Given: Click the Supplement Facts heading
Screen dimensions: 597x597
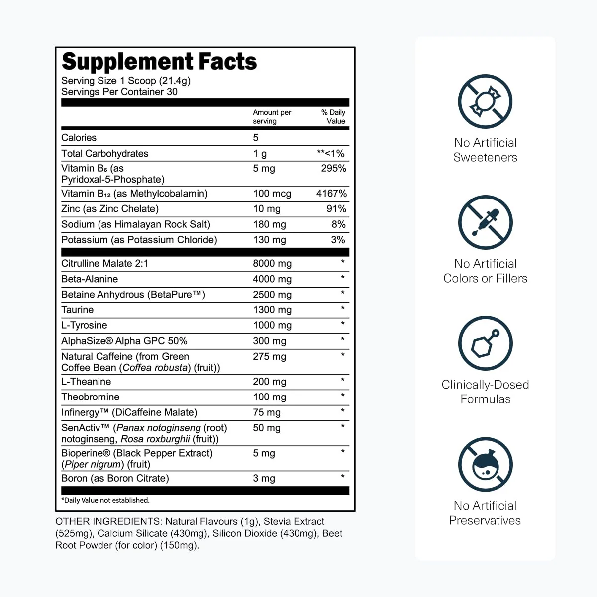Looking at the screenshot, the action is pyautogui.click(x=159, y=61).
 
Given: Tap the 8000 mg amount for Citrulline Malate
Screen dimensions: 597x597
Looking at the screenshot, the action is pyautogui.click(x=272, y=263).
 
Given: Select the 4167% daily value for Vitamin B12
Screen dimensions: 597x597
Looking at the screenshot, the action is pyautogui.click(x=331, y=194).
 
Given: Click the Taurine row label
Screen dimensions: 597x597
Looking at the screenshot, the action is pyautogui.click(x=78, y=310).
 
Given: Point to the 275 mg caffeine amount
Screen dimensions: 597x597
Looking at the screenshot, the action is pyautogui.click(x=269, y=357).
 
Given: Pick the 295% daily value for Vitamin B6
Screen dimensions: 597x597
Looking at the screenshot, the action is pyautogui.click(x=333, y=168).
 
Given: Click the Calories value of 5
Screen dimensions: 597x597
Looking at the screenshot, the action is pyautogui.click(x=256, y=137).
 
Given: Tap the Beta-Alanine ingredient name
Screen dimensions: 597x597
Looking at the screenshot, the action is pyautogui.click(x=90, y=279).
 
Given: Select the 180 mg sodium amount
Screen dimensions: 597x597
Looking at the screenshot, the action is pyautogui.click(x=269, y=224).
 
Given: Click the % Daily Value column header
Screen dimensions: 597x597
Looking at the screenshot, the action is pyautogui.click(x=333, y=117).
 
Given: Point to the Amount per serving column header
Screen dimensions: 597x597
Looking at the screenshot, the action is pyautogui.click(x=272, y=117).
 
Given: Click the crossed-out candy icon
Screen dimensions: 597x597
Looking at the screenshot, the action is pyautogui.click(x=485, y=101).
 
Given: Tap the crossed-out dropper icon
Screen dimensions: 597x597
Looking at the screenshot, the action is pyautogui.click(x=485, y=222).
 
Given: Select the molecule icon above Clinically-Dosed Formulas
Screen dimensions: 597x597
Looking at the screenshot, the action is pyautogui.click(x=485, y=343).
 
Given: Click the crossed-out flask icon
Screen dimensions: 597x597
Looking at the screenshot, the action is pyautogui.click(x=485, y=464).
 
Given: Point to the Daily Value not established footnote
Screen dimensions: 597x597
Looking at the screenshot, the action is pyautogui.click(x=105, y=500).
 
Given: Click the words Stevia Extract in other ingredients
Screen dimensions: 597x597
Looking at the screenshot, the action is pyautogui.click(x=294, y=522).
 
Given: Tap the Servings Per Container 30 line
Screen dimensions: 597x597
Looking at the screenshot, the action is pyautogui.click(x=119, y=92).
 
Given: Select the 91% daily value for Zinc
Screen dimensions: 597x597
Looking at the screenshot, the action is pyautogui.click(x=336, y=209).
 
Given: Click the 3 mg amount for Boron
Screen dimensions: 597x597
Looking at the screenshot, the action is pyautogui.click(x=264, y=478).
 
